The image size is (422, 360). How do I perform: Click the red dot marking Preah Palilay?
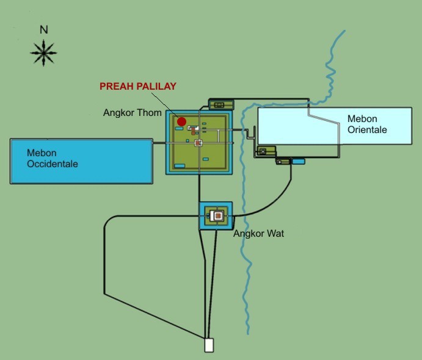pyautogui.click(x=181, y=121)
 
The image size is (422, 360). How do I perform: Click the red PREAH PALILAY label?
pyautogui.click(x=138, y=86)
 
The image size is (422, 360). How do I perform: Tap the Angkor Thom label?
pyautogui.click(x=132, y=113)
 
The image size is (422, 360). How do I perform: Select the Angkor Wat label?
pyautogui.click(x=259, y=233)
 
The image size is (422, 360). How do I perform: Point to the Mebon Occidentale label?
pyautogui.click(x=53, y=159)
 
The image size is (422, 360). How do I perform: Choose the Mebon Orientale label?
pyautogui.click(x=367, y=124)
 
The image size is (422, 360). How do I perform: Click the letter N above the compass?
pyautogui.click(x=44, y=29)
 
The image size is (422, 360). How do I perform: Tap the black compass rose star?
pyautogui.click(x=43, y=53)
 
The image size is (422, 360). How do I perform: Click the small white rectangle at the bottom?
pyautogui.click(x=209, y=345)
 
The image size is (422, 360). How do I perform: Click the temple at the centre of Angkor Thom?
pyautogui.click(x=198, y=143)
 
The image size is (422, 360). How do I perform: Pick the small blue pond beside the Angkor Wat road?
pyautogui.click(x=299, y=161)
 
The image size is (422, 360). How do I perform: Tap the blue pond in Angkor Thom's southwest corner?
pyautogui.click(x=180, y=166)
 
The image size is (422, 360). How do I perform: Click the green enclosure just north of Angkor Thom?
pyautogui.click(x=221, y=104)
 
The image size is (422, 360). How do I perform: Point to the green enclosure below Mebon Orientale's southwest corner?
pyautogui.click(x=266, y=151)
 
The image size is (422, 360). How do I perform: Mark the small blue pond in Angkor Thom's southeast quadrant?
pyautogui.click(x=206, y=159)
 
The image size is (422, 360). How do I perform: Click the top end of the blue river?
pyautogui.click(x=345, y=31)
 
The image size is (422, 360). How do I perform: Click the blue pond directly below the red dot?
pyautogui.click(x=179, y=129)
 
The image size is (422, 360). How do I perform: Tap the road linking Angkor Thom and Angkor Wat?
pyautogui.click(x=199, y=188)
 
